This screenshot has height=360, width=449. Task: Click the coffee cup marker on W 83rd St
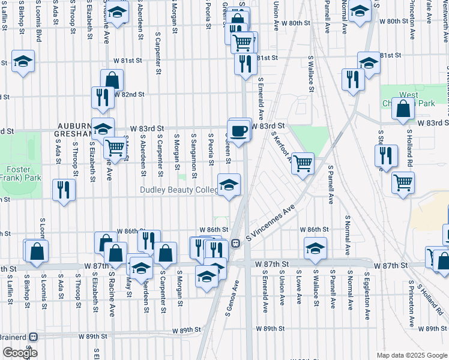pyautogui.click(x=239, y=130)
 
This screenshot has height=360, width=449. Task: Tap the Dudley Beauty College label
pyautogui.click(x=179, y=190)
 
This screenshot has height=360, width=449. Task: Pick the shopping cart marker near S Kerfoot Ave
pyautogui.click(x=303, y=162)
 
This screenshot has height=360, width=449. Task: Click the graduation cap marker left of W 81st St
pyautogui.click(x=23, y=61)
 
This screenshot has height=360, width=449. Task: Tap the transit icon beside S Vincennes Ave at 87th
pyautogui.click(x=236, y=244)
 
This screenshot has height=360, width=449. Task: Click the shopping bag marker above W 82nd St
pyautogui.click(x=112, y=80)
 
